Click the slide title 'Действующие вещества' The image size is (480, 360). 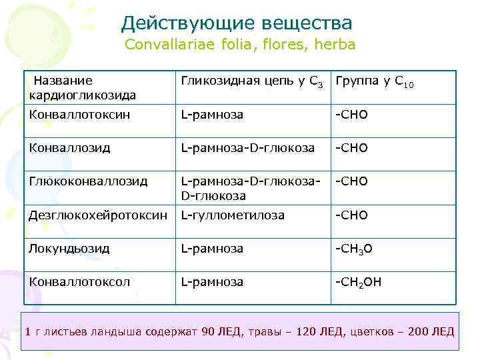[x=237, y=23]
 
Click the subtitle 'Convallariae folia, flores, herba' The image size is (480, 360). [x=240, y=46]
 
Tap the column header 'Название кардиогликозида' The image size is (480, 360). [x=83, y=88]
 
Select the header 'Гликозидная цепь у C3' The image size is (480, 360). [x=253, y=82]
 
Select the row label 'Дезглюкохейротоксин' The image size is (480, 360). [x=98, y=215]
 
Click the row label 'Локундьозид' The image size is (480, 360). [x=69, y=248]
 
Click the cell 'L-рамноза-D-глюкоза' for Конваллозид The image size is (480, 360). [x=247, y=148]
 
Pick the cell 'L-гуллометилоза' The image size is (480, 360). [x=233, y=215]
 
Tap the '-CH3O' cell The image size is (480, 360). [x=353, y=249]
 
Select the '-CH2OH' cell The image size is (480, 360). [x=358, y=282]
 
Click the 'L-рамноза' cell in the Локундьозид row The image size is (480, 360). [x=212, y=248]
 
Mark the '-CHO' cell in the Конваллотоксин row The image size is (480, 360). [x=351, y=115]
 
